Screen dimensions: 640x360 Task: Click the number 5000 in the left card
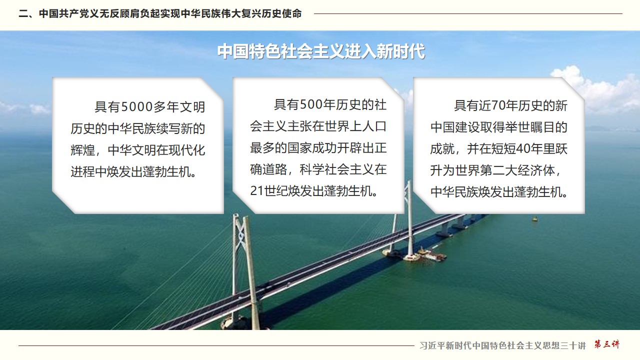pos(137,107)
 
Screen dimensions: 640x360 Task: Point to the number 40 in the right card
pos(522,149)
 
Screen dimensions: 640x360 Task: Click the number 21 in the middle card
pos(256,191)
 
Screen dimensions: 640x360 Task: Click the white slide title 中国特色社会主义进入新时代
pos(321,51)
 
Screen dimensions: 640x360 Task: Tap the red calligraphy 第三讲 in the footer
pos(607,344)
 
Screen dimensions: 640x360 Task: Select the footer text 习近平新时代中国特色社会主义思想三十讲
pos(502,345)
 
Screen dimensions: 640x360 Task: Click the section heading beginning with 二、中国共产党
pos(160,13)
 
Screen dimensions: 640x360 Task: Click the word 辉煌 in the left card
pos(83,150)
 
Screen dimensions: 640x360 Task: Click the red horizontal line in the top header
pos(468,13)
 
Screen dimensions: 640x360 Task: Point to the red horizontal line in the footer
pos(216,345)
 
